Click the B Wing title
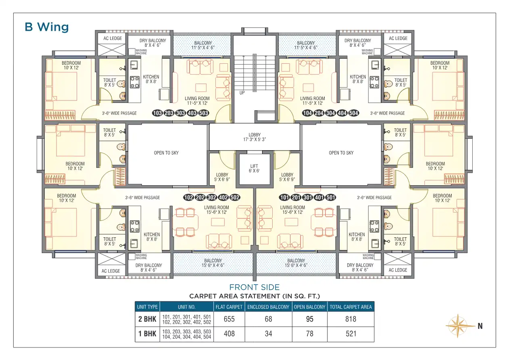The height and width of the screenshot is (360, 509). tap(46, 27)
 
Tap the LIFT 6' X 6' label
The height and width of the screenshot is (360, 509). tap(254, 169)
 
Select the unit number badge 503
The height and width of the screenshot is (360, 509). tap(204, 113)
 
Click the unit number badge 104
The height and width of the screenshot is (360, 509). tap(307, 113)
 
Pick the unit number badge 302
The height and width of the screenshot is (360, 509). tap(212, 197)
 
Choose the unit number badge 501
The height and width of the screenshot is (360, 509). tap(331, 197)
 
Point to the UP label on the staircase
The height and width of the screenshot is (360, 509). tap(242, 93)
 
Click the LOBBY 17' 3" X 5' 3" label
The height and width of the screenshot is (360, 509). tap(255, 137)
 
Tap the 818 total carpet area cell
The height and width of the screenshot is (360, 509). tap(350, 319)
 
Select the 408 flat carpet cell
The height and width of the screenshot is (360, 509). tap(229, 334)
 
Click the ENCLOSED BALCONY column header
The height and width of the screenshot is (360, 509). tap(268, 307)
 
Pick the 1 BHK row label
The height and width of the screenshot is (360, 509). tap(147, 334)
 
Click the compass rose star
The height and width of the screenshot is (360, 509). tap(458, 326)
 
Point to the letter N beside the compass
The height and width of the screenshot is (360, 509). tap(480, 326)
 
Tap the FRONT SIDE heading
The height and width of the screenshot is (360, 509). tap(255, 287)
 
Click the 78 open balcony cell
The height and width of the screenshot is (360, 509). tap(309, 334)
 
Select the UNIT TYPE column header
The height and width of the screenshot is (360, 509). tap(147, 307)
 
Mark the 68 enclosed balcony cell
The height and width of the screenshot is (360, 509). tap(268, 319)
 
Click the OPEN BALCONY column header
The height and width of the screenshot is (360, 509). tap(309, 307)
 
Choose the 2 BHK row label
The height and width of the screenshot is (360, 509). tap(147, 319)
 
